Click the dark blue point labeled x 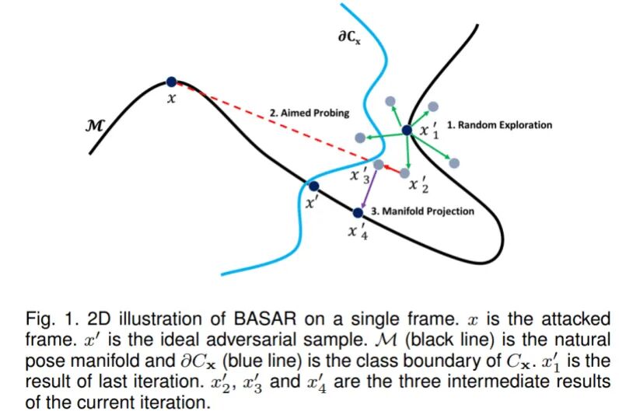[171, 81]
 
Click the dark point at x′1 [407, 130]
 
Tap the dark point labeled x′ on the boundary [313, 187]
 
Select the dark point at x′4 [358, 212]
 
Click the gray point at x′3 [378, 165]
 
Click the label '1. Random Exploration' [499, 125]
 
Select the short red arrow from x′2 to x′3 [396, 168]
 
